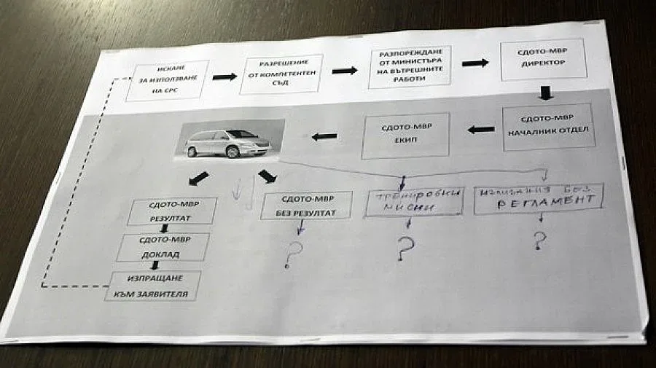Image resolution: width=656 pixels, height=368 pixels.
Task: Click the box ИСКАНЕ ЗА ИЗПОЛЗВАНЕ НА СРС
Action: click(x=167, y=80)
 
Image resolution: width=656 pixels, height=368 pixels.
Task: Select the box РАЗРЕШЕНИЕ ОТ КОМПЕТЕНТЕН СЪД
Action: click(x=270, y=73)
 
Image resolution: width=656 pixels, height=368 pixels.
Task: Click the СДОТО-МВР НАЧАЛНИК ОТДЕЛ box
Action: click(x=546, y=128)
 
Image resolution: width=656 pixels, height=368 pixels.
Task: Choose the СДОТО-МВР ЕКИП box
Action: click(x=406, y=136)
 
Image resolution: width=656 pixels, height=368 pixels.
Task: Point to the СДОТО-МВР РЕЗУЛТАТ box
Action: click(x=172, y=211)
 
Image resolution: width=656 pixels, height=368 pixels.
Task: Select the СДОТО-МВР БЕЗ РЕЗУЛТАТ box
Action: click(x=306, y=205)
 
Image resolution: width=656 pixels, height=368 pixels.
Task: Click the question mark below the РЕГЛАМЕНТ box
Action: click(x=540, y=239)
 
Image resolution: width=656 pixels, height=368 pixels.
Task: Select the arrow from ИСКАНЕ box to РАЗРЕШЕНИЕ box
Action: click(x=224, y=77)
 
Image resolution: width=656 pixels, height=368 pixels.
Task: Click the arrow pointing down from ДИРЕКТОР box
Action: click(x=547, y=93)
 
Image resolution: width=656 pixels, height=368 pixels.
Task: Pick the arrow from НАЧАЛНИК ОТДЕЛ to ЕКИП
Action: click(x=481, y=130)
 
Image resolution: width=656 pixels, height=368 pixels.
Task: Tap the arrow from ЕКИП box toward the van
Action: click(x=324, y=136)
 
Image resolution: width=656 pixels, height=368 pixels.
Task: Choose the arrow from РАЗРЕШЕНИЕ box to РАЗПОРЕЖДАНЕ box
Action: click(x=345, y=70)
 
